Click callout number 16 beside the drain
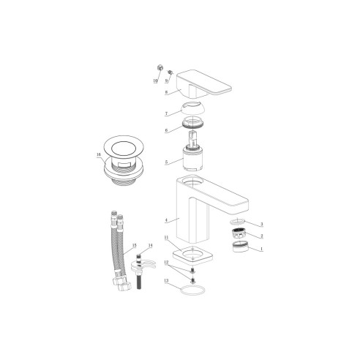pyautogui.click(x=99, y=155)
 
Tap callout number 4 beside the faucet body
pyautogui.click(x=166, y=220)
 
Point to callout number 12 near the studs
pyautogui.click(x=166, y=261)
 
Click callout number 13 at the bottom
pyautogui.click(x=166, y=281)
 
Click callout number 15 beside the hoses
pyautogui.click(x=134, y=246)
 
